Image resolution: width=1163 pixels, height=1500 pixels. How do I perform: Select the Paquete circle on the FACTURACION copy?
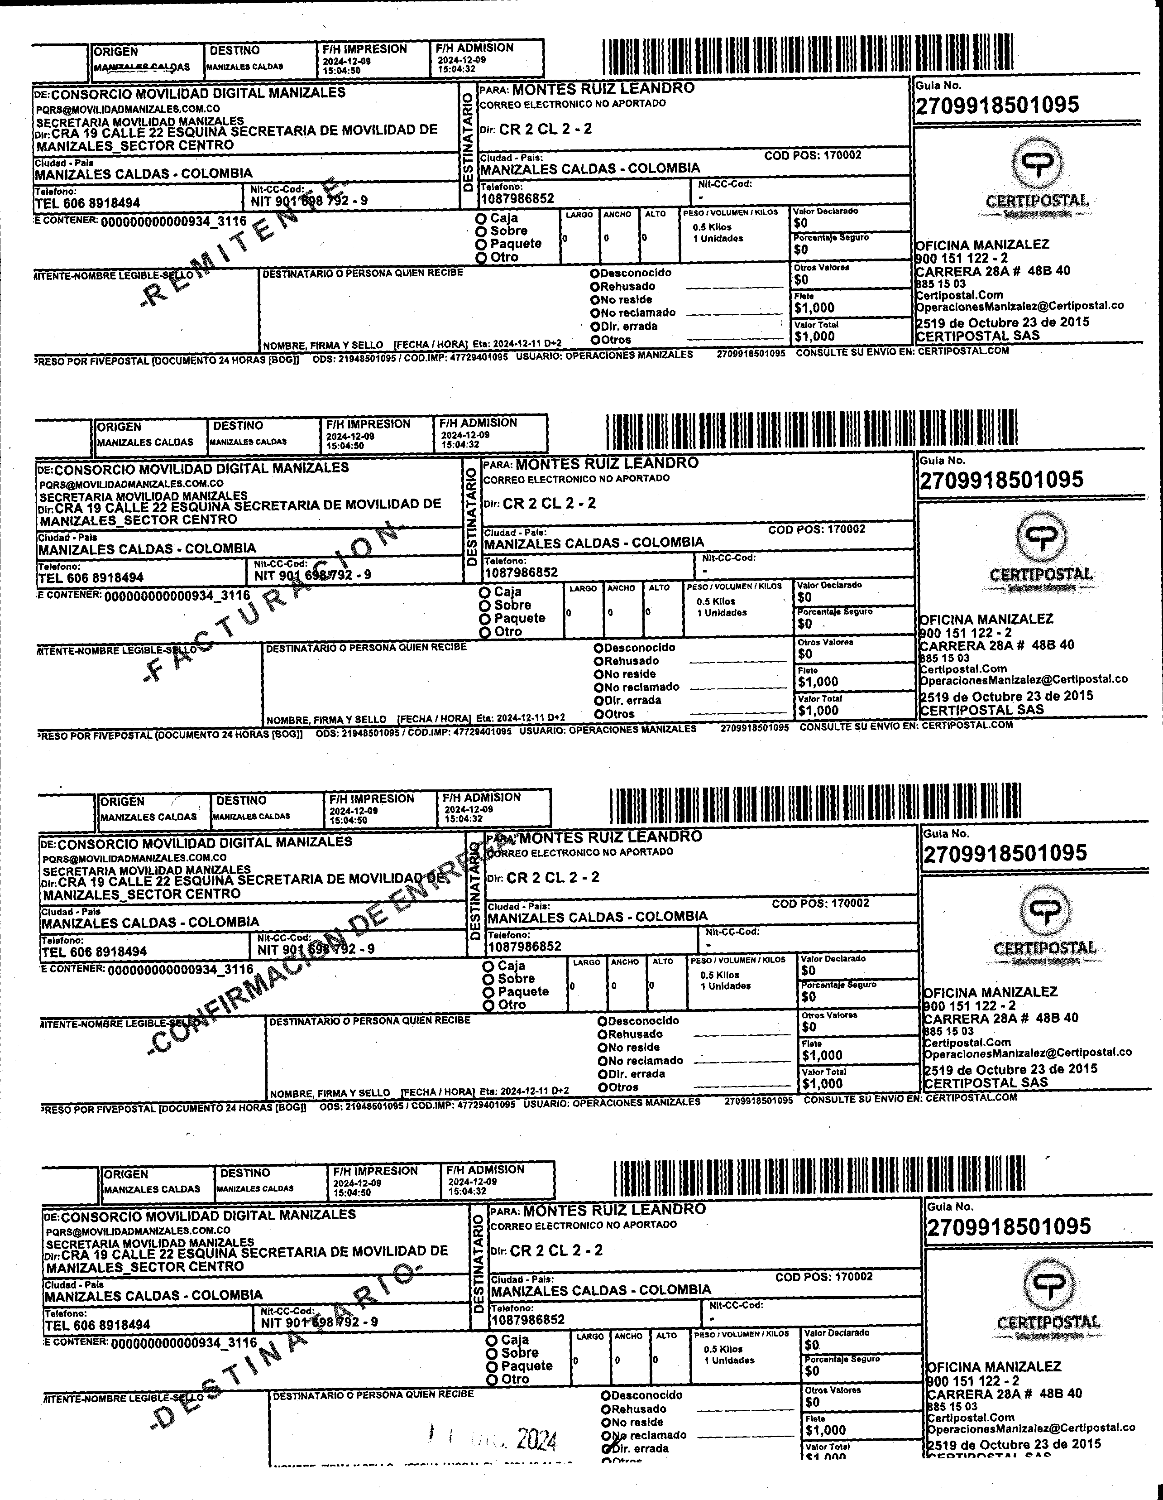(x=485, y=619)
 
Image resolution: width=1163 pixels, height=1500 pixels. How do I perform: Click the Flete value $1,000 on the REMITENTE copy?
(x=814, y=308)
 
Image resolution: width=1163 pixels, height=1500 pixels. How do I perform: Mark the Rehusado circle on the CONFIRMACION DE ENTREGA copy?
(x=602, y=1034)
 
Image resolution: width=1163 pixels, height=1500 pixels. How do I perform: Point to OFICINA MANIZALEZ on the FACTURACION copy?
(x=986, y=619)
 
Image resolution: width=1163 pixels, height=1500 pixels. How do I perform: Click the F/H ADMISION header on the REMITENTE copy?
(x=474, y=48)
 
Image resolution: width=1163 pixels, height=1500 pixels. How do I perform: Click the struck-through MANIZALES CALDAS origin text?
(x=142, y=67)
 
